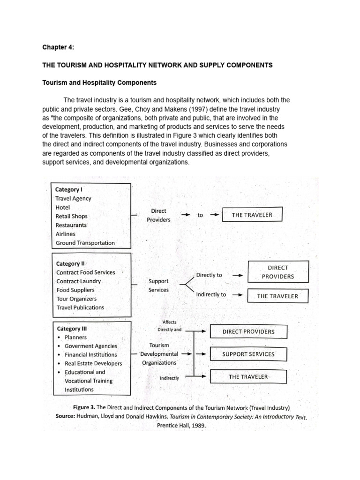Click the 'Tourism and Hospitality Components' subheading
point(99,82)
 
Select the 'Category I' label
point(68,189)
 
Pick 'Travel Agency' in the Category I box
point(73,198)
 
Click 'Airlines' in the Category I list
point(65,234)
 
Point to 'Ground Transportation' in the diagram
point(85,243)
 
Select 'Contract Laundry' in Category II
point(78,281)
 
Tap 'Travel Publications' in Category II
point(80,307)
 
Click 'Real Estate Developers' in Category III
point(93,363)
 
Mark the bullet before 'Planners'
point(58,337)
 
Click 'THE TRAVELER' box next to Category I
point(252,215)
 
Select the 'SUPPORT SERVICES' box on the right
point(248,354)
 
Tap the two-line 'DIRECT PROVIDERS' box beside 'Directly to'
point(278,272)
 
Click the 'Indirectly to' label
point(211,295)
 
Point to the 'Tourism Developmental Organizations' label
point(159,354)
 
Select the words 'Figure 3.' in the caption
point(86,407)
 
